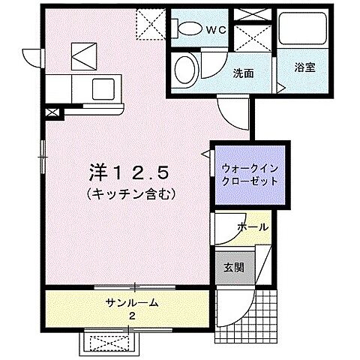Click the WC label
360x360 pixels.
(216, 29)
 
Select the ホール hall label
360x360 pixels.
(250, 227)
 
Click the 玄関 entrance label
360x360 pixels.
(233, 267)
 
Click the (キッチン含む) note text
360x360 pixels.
(131, 193)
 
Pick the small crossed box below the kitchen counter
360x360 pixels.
(51, 113)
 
